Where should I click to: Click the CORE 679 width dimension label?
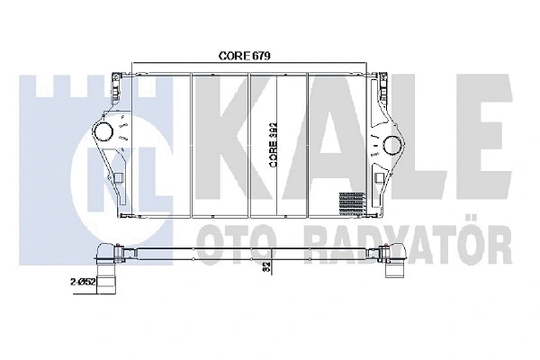pyautogui.click(x=246, y=55)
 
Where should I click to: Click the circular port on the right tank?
pyautogui.click(x=391, y=145)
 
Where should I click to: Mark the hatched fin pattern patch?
pyautogui.click(x=352, y=202)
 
